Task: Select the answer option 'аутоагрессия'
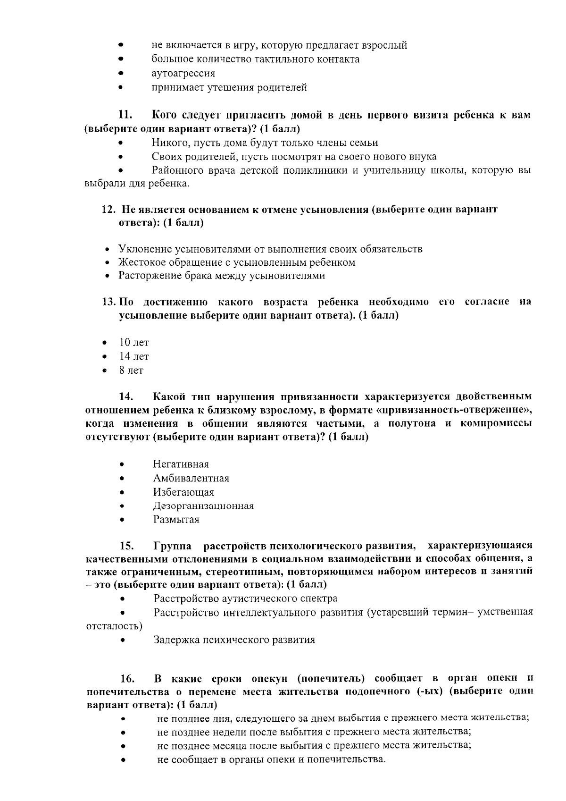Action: coord(183,73)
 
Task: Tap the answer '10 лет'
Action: coord(133,343)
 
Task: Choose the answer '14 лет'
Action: coord(133,356)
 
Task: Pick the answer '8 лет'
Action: coord(131,371)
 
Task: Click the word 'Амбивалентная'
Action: coord(191,478)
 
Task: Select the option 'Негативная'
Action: coord(181,464)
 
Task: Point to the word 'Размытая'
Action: coord(176,520)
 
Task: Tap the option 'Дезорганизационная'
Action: coord(203,506)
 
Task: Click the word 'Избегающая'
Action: coord(183,492)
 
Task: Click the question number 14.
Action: coord(126,396)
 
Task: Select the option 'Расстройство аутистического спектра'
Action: coord(245,599)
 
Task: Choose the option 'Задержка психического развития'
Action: coord(234,640)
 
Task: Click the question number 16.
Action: coord(127,679)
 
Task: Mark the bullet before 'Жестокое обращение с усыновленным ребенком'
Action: coord(108,262)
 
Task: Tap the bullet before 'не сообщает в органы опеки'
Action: coord(123,760)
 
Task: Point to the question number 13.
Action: coord(109,302)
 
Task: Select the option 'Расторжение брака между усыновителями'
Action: coord(221,276)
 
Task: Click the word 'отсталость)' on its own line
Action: coord(114,626)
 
